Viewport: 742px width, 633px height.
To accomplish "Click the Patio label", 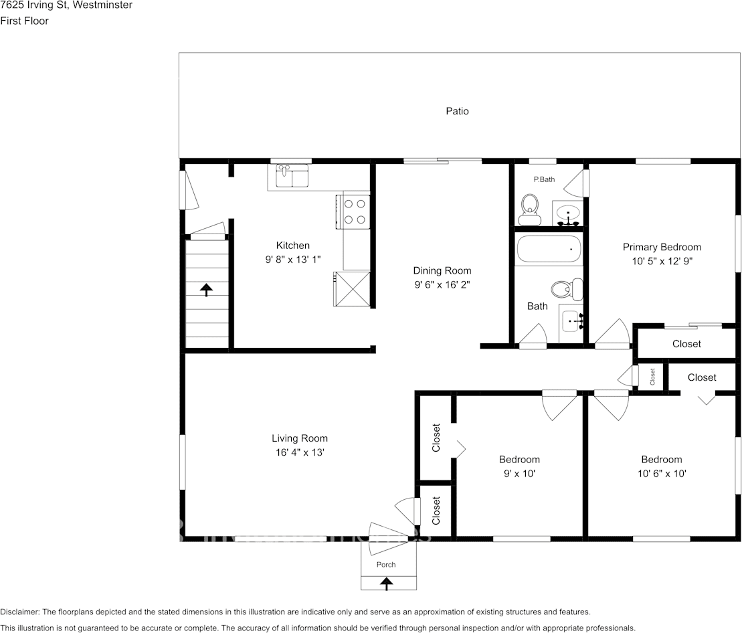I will (457, 111).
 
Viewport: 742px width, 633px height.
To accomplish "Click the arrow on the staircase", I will (207, 289).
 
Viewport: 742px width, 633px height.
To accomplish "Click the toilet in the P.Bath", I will (530, 209).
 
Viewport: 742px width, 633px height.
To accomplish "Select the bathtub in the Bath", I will (549, 250).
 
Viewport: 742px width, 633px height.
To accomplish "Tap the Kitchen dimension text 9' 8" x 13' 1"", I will (293, 259).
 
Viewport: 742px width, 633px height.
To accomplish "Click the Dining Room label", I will (442, 270).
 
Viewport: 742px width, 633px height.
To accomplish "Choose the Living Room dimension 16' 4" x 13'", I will (299, 452).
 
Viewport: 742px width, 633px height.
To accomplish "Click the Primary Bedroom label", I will (662, 247).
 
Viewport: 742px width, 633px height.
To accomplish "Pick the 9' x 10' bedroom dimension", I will (519, 473).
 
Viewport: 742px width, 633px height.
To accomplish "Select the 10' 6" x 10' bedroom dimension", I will (661, 473).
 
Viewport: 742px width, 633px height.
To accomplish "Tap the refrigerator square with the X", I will (352, 288).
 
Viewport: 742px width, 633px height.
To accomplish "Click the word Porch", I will (386, 565).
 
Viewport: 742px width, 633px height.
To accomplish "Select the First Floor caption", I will (24, 21).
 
